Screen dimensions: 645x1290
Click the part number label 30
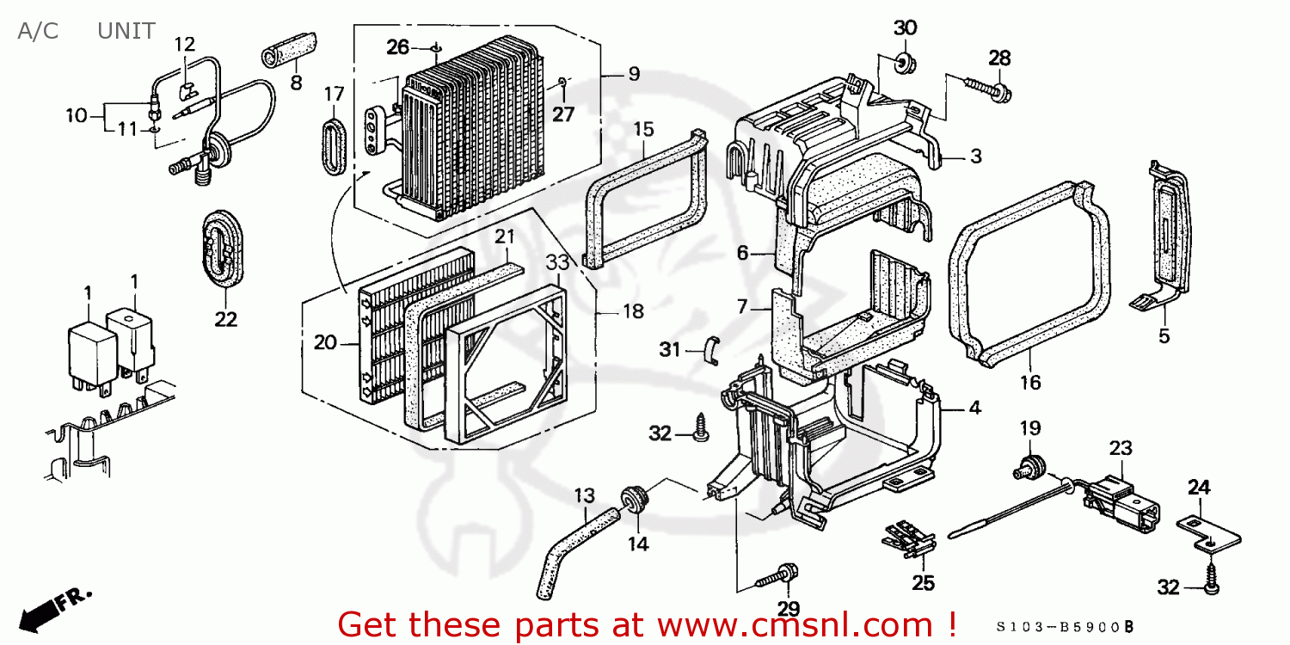point(905,28)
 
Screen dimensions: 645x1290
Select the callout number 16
point(1029,382)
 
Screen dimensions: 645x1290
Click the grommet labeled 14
point(636,500)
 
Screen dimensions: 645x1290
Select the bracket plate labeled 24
point(1208,532)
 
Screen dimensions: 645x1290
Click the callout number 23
point(1121,448)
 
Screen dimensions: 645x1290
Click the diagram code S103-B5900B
point(1067,626)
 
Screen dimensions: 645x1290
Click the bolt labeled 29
point(778,577)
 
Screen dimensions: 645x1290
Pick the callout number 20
point(325,342)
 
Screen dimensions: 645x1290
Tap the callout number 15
point(643,130)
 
